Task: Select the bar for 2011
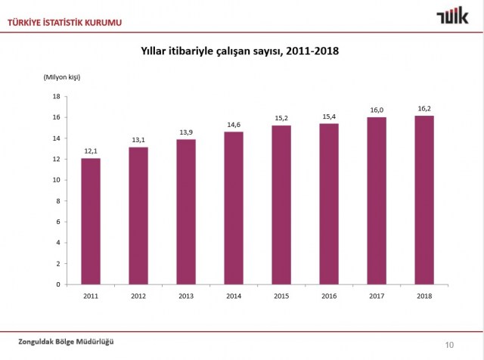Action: point(92,221)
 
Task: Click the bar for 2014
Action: point(234,208)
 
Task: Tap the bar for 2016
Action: point(328,203)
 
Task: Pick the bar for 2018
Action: point(424,200)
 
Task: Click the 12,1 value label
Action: point(92,151)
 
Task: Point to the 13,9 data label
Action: point(186,132)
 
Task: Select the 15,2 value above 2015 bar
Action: point(281,118)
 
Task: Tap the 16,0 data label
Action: point(377,110)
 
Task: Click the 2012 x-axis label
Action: point(139,295)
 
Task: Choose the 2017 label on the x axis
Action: point(377,295)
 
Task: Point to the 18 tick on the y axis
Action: point(56,97)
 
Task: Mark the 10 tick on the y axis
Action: point(56,180)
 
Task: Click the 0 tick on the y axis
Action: point(58,284)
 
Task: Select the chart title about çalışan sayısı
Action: point(240,51)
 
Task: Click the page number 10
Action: point(449,345)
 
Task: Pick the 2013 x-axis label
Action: point(186,295)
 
